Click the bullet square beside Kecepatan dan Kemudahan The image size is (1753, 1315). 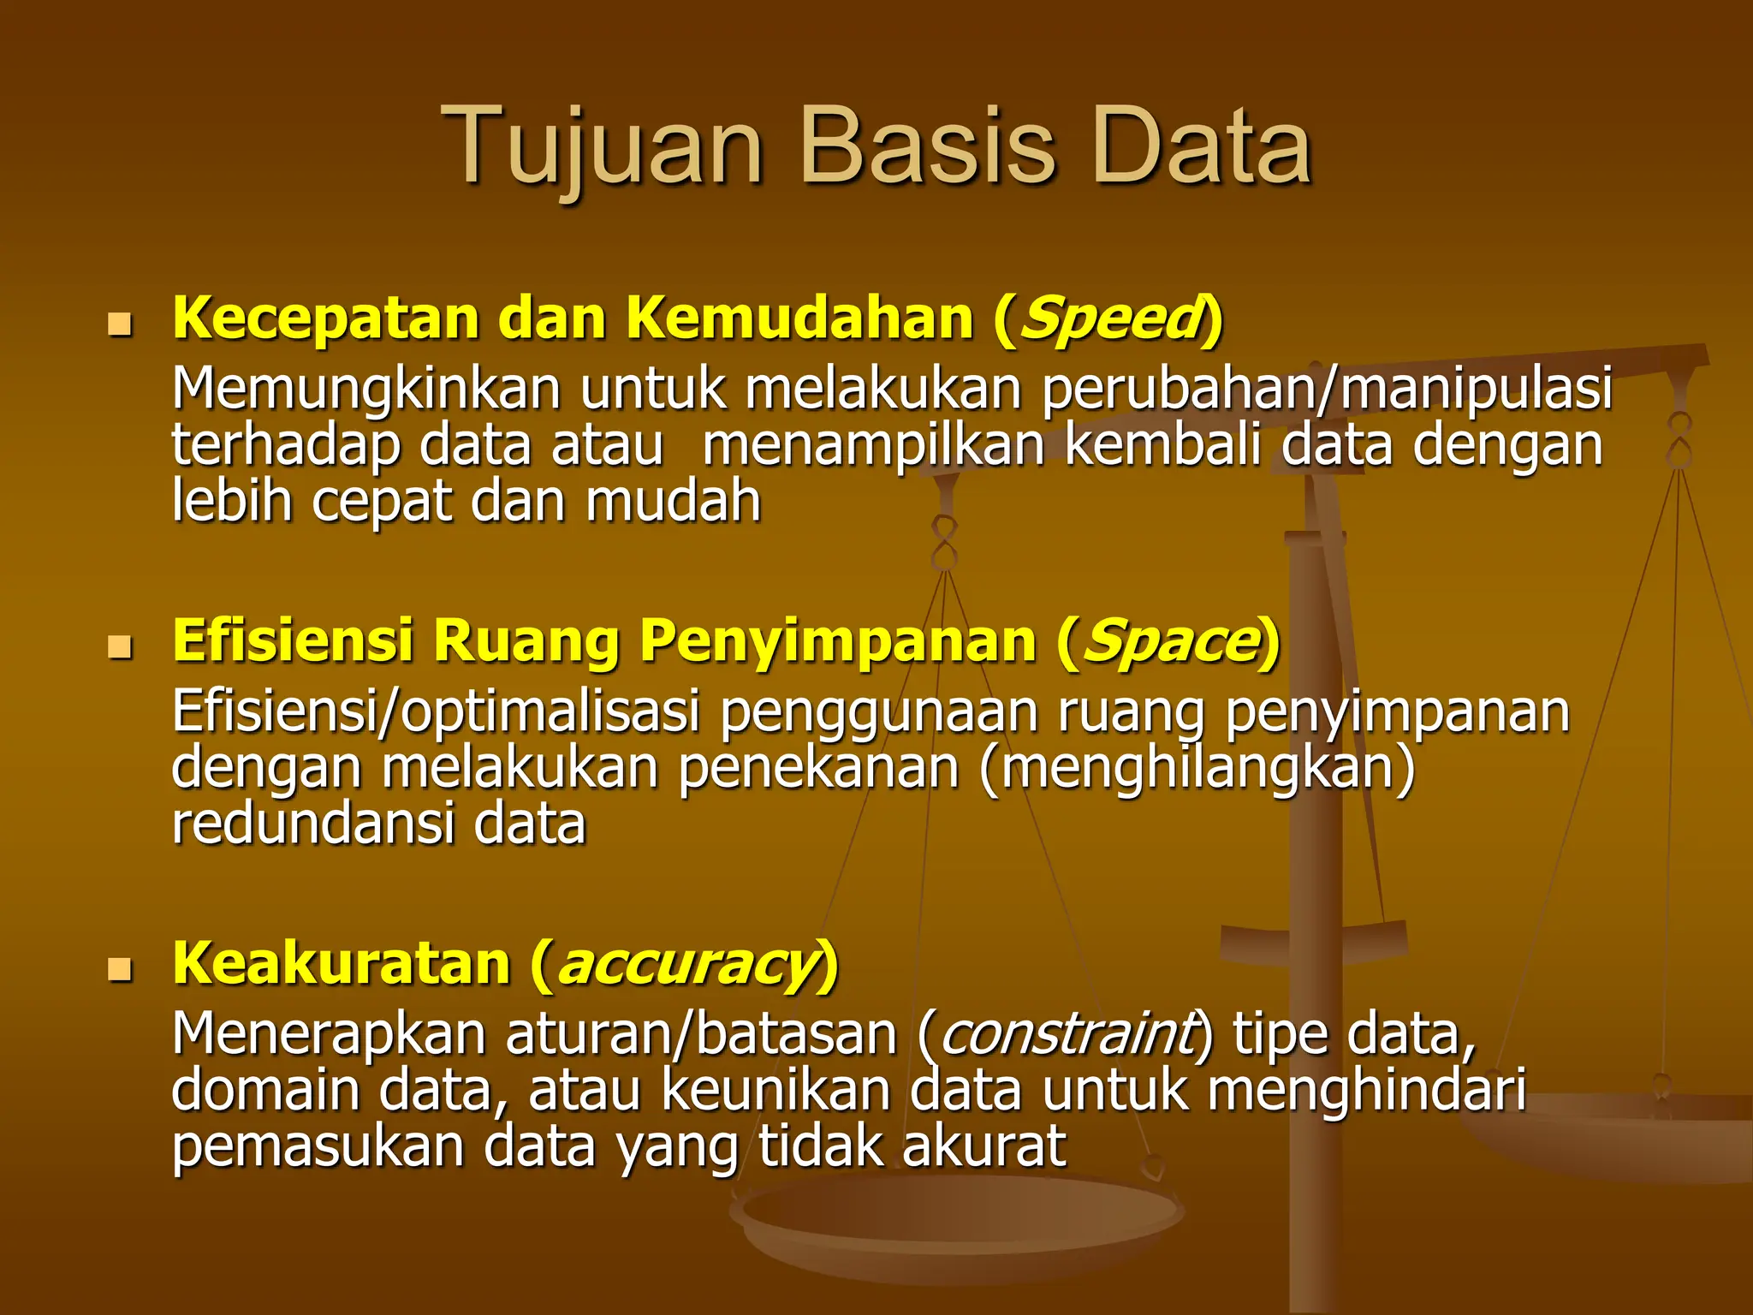pos(120,325)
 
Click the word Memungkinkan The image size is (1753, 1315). pos(366,390)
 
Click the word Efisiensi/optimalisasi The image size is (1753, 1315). pos(435,712)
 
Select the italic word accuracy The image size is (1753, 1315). pos(685,964)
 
